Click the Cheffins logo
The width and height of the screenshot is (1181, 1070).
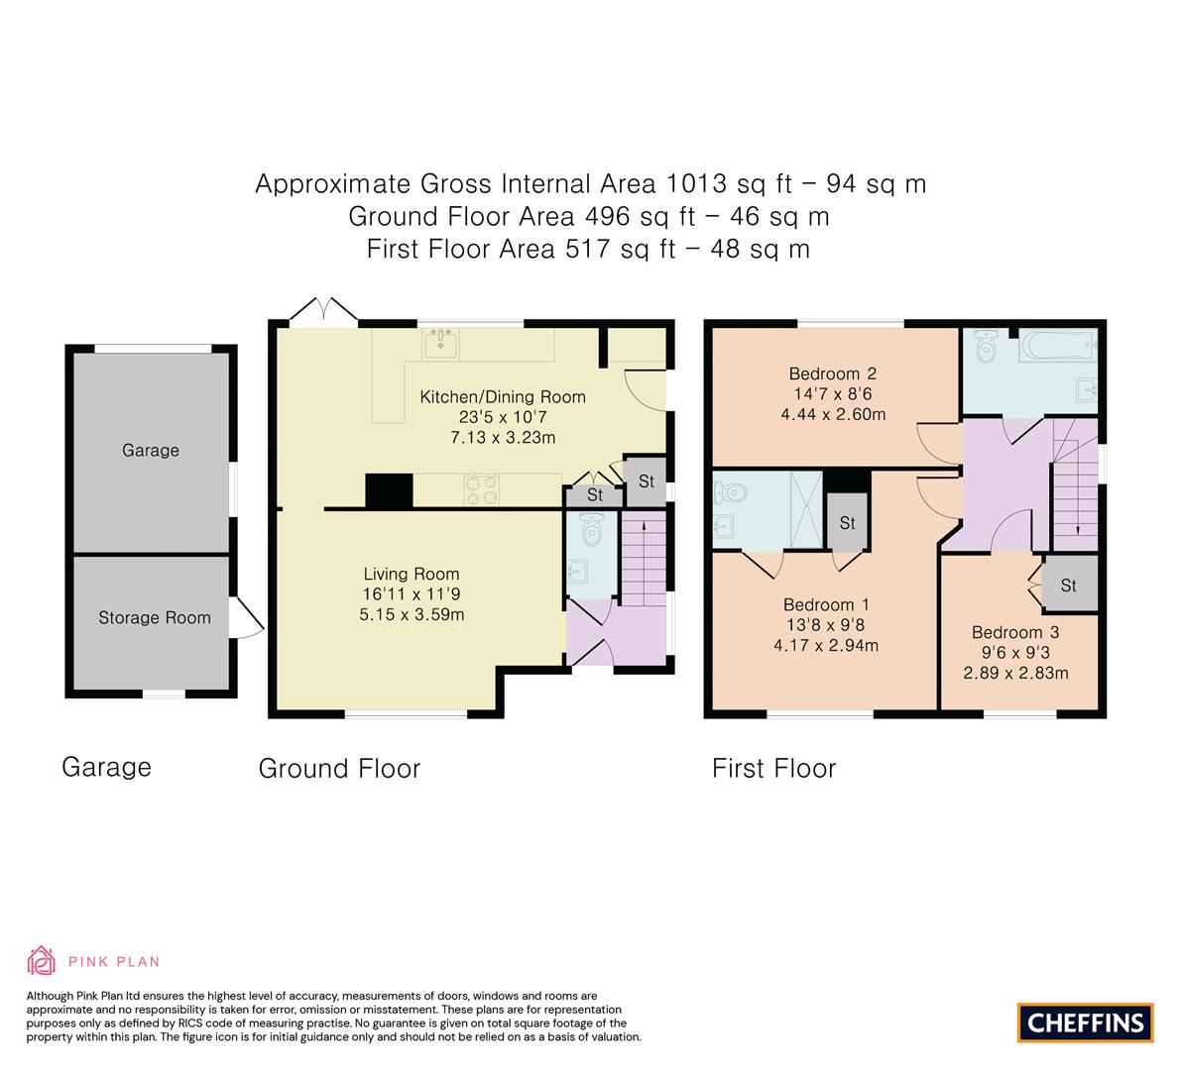1086,1021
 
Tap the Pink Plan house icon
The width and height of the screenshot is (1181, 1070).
42,960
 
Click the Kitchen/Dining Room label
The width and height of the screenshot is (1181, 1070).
503,396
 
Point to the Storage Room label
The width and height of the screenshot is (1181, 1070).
154,617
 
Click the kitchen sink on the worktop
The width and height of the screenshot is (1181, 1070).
439,344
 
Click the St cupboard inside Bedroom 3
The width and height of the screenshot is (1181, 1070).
1068,585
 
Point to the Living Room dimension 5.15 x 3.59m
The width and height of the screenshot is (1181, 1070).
411,614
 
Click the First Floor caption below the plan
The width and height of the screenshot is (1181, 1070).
773,768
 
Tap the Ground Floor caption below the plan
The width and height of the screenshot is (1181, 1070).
339,768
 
